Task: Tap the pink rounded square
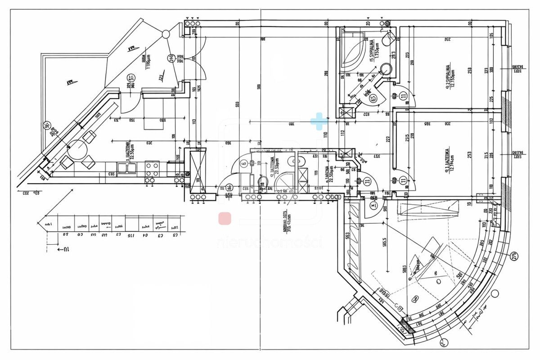pos(225,218)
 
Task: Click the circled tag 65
pos(373,98)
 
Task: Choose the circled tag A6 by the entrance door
pos(229,188)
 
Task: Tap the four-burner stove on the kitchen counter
pos(152,168)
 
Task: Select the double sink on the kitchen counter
pos(127,168)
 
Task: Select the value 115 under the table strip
pos(131,235)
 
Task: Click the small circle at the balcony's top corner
pos(166,33)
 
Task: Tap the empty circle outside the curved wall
pos(495,294)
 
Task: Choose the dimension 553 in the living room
pos(238,104)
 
